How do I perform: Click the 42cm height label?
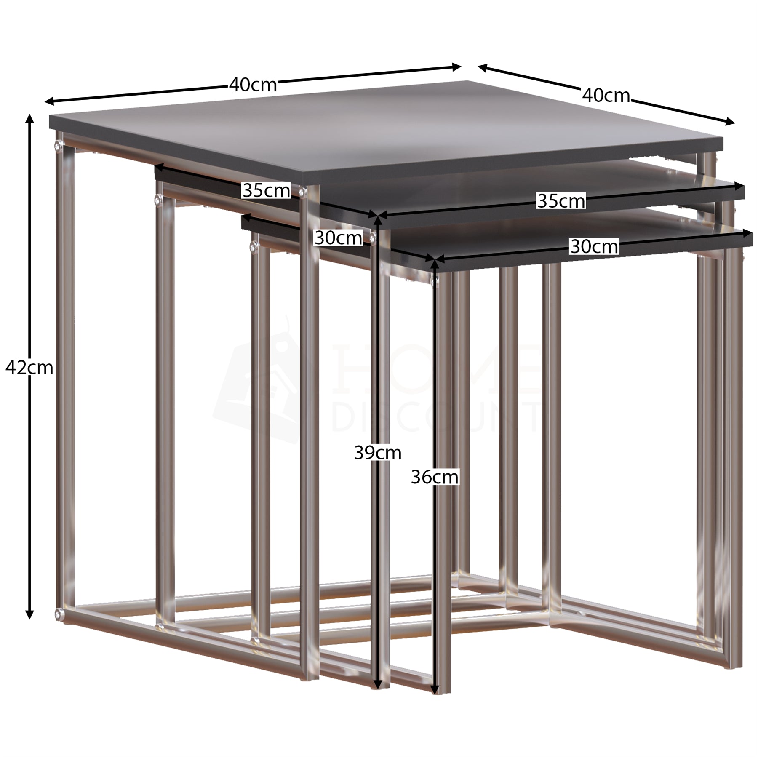[x=29, y=368]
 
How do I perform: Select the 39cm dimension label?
[x=378, y=453]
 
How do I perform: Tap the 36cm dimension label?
[x=435, y=477]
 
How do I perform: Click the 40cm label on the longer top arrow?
[x=253, y=85]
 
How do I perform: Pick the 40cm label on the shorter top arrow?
[x=606, y=96]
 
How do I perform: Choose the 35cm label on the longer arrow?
[x=561, y=201]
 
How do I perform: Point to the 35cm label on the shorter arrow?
[x=266, y=190]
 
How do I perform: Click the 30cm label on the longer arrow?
[x=594, y=246]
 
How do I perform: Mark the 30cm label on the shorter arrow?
[x=338, y=238]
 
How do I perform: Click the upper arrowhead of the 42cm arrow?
[x=29, y=119]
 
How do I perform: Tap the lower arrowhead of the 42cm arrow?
[x=29, y=614]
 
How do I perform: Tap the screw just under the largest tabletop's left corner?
[x=58, y=146]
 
